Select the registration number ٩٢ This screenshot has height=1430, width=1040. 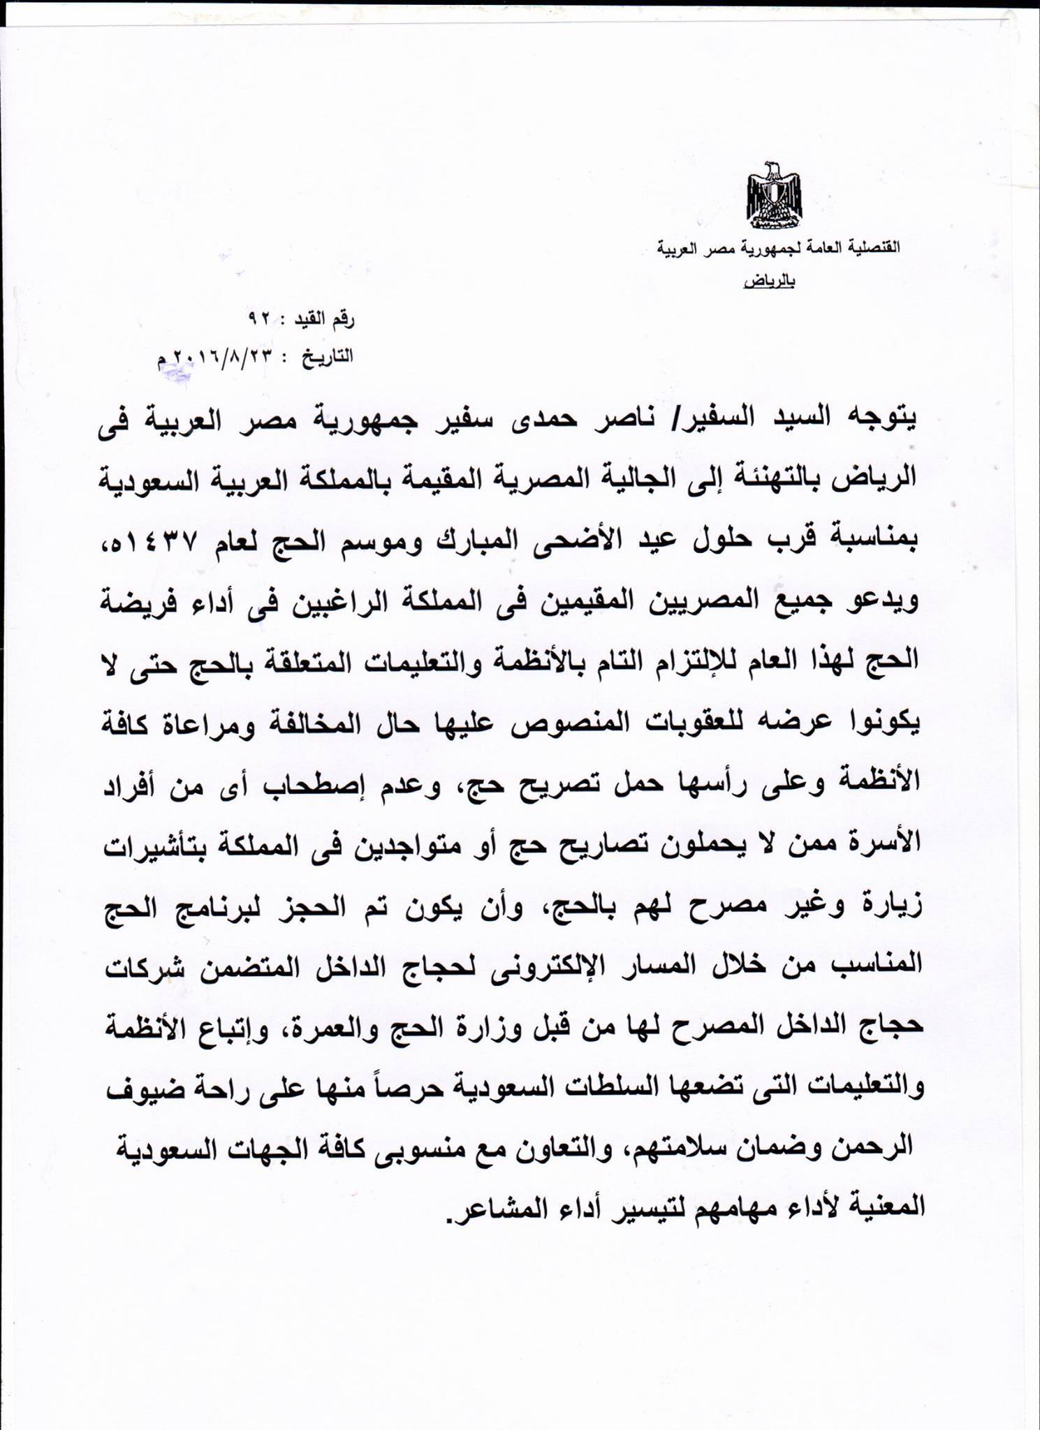[x=259, y=319]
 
